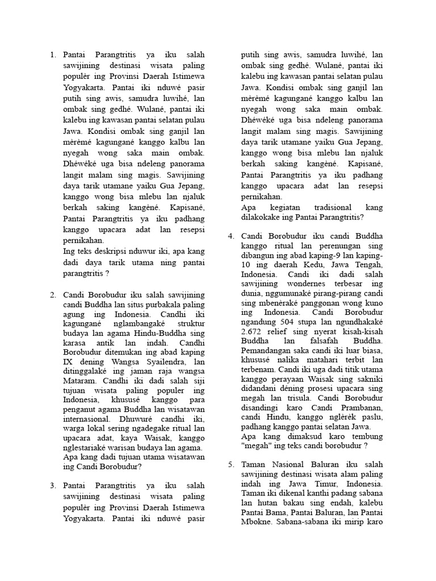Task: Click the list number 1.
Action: pos(52,55)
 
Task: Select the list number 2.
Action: pos(52,295)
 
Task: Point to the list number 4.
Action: pos(232,236)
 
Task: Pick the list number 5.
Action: pos(232,464)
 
